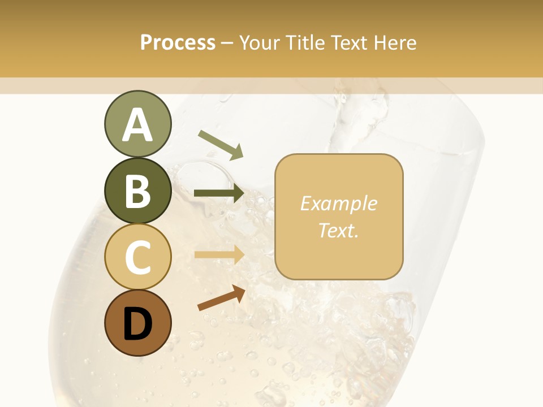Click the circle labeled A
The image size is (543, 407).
137,124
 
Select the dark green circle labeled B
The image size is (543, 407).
137,190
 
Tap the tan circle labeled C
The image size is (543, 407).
137,257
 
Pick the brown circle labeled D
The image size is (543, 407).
137,323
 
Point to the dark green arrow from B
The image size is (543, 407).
219,193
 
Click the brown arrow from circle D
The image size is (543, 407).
221,298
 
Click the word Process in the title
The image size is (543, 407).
178,43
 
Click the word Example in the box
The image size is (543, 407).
338,203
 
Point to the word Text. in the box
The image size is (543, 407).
338,230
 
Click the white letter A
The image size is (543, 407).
137,125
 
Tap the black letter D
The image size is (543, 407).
137,324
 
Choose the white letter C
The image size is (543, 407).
137,257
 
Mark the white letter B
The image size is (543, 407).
137,191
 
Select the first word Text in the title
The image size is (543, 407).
348,43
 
